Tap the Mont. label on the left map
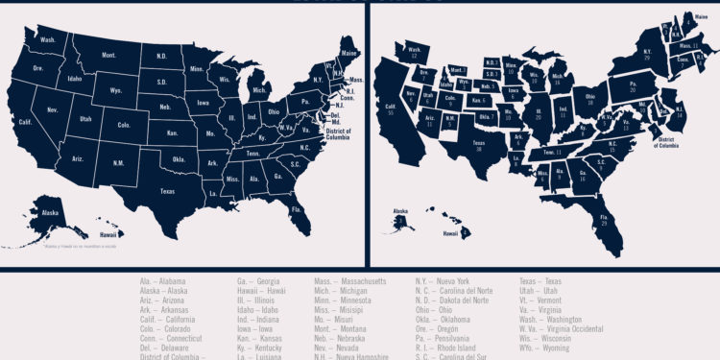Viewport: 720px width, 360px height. pos(108,57)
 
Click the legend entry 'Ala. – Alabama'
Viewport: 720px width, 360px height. pos(162,281)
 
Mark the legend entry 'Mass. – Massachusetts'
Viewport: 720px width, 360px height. pos(349,281)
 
